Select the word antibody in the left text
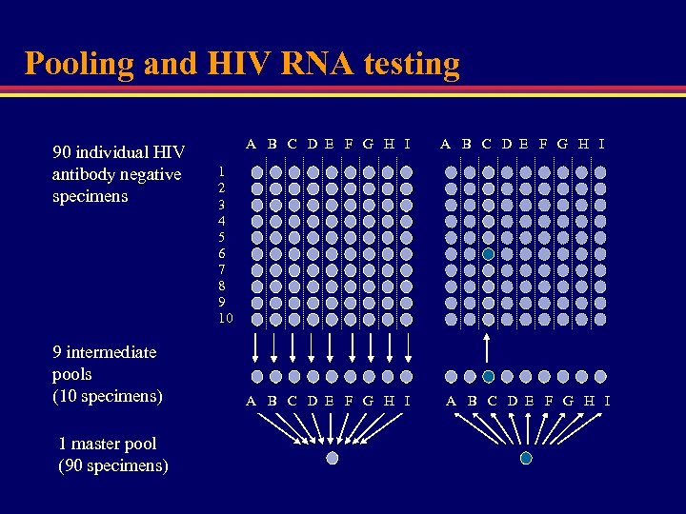pyautogui.click(x=90, y=174)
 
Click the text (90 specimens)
pyautogui.click(x=113, y=465)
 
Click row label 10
pyautogui.click(x=225, y=318)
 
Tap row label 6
pyautogui.click(x=222, y=253)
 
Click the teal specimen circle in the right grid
pyautogui.click(x=488, y=254)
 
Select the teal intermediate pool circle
pyautogui.click(x=488, y=377)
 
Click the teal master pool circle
pyautogui.click(x=526, y=458)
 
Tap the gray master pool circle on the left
pyautogui.click(x=332, y=458)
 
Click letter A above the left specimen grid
pyautogui.click(x=251, y=145)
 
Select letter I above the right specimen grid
pyautogui.click(x=601, y=145)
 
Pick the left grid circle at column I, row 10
pyautogui.click(x=406, y=319)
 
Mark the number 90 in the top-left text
pyautogui.click(x=62, y=152)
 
